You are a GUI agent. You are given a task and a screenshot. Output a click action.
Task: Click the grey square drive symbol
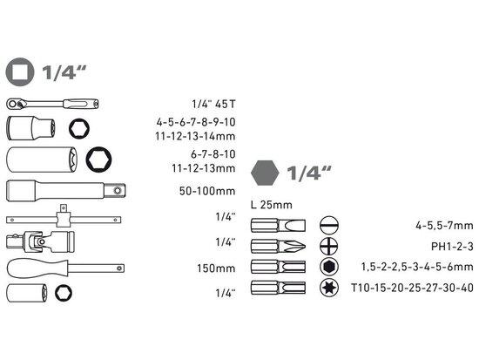point(20,72)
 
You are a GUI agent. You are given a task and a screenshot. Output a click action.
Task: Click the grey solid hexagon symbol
point(265,173)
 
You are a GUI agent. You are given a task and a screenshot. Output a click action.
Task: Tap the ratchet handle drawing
point(52,104)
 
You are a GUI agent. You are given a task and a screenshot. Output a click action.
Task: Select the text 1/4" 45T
point(214,105)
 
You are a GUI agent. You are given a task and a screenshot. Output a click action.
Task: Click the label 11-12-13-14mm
point(195,136)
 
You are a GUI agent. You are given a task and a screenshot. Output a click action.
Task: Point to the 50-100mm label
point(207,191)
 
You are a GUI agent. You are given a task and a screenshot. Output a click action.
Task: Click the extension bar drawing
point(65,191)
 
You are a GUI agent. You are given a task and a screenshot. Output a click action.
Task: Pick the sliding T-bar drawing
point(64,219)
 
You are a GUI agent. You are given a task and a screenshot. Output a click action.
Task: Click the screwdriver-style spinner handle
point(65,268)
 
